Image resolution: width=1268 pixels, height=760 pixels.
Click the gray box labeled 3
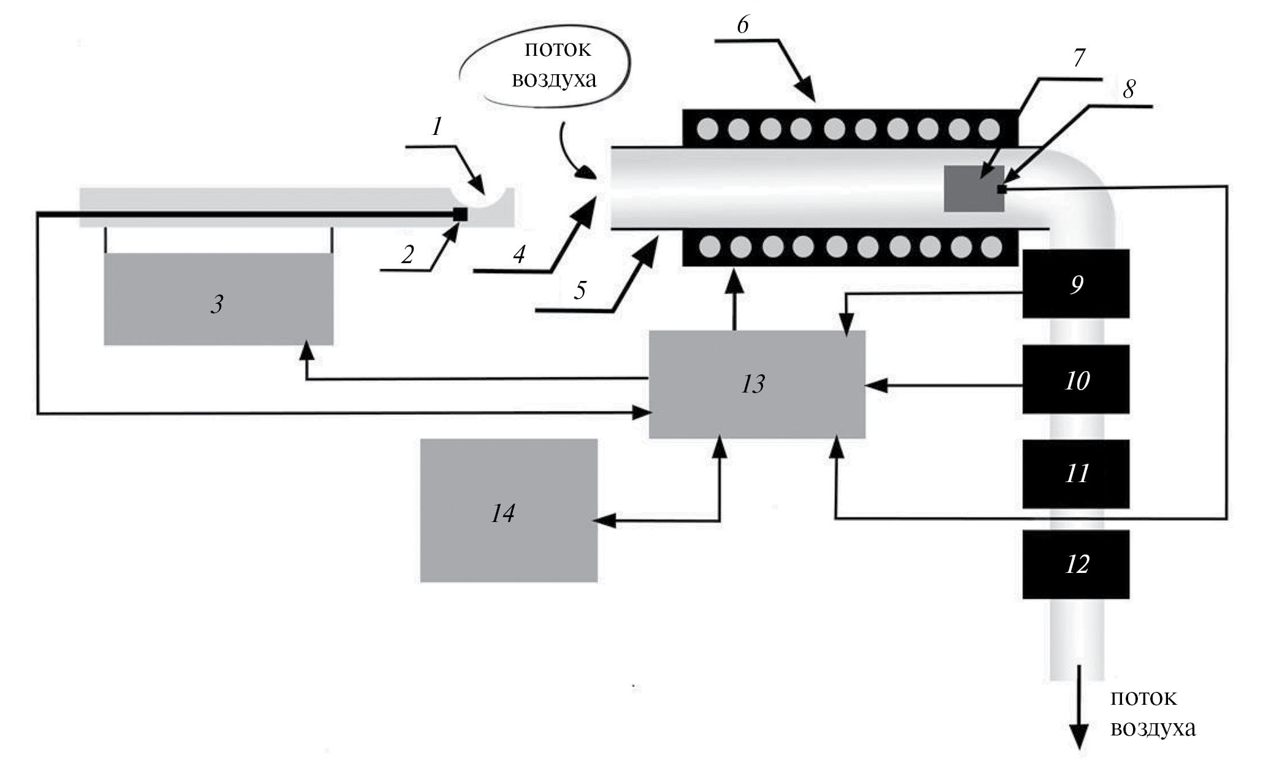[x=218, y=299]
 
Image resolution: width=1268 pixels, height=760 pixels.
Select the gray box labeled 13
[x=756, y=385]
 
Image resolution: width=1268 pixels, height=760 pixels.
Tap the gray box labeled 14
[x=509, y=510]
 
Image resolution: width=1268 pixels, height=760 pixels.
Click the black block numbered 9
[x=1075, y=284]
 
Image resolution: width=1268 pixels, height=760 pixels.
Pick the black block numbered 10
[x=1075, y=379]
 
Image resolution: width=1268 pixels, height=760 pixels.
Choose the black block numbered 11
[x=1075, y=474]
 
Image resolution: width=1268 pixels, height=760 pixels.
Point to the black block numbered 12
[x=1075, y=564]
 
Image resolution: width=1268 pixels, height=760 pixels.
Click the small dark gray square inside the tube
[x=973, y=188]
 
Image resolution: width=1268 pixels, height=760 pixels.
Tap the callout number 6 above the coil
[x=743, y=25]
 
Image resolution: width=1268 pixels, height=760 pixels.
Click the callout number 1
[x=437, y=127]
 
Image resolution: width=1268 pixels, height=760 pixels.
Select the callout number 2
[x=407, y=255]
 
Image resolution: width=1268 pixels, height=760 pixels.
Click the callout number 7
[x=1078, y=58]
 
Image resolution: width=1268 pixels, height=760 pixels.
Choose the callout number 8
[x=1128, y=89]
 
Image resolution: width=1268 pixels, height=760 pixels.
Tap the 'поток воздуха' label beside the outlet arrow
[x=1152, y=713]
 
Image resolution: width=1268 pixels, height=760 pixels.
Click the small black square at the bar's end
[x=459, y=214]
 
